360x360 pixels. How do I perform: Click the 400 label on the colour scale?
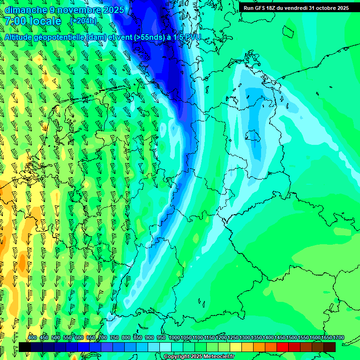coord(32,338)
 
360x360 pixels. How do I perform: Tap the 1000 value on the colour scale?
coord(174,338)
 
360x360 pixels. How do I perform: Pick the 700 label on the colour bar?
coord(103,338)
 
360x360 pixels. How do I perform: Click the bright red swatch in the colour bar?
coord(283,347)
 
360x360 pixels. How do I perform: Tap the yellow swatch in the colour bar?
coord(236,347)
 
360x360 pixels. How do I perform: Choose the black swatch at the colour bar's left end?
coord(25,347)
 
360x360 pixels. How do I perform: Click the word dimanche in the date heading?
coord(26,10)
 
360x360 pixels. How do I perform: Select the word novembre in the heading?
coord(78,10)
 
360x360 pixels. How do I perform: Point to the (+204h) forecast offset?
coord(83,21)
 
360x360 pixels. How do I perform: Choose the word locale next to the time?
coord(45,21)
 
